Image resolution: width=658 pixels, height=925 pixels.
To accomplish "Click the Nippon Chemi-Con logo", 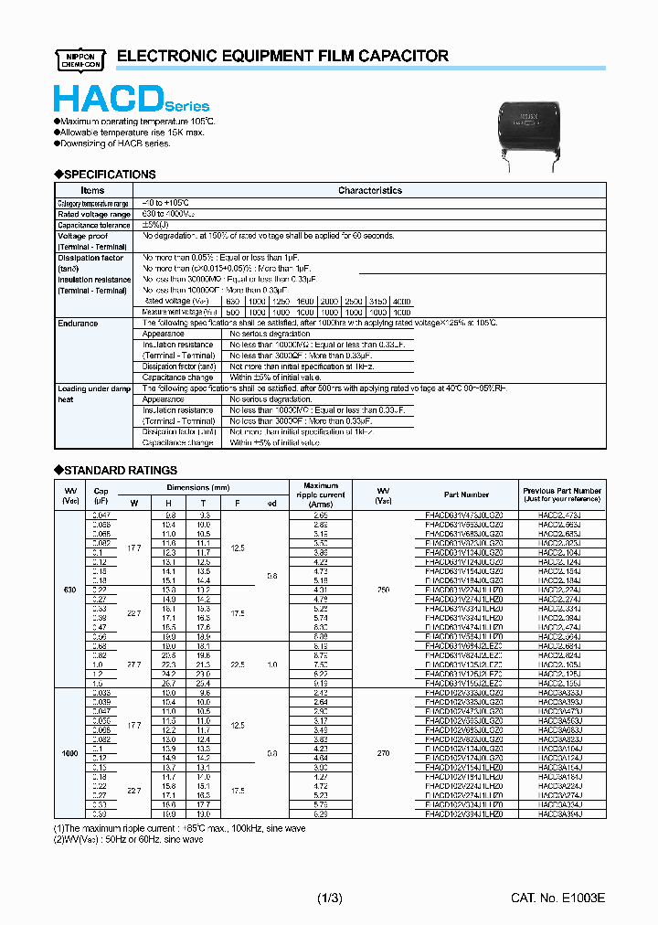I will pyautogui.click(x=81, y=57).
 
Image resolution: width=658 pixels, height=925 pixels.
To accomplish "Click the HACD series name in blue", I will pyautogui.click(x=131, y=99).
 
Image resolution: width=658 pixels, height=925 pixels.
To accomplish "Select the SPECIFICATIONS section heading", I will pyautogui.click(x=106, y=174).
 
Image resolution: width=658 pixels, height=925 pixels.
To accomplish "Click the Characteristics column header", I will pyautogui.click(x=369, y=190).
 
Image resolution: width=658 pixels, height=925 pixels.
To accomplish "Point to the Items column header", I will pyautogui.click(x=94, y=190).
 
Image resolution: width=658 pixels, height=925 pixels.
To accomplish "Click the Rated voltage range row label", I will pyautogui.click(x=94, y=214).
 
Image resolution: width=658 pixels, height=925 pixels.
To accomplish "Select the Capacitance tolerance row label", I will pyautogui.click(x=94, y=225).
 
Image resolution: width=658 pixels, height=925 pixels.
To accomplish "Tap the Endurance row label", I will pyautogui.click(x=79, y=324).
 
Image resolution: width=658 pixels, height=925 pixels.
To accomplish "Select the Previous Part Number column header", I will pyautogui.click(x=562, y=494).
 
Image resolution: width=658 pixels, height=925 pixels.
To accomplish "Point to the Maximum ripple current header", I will pyautogui.click(x=320, y=494).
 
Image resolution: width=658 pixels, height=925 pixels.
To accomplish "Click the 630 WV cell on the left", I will pyautogui.click(x=69, y=590).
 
